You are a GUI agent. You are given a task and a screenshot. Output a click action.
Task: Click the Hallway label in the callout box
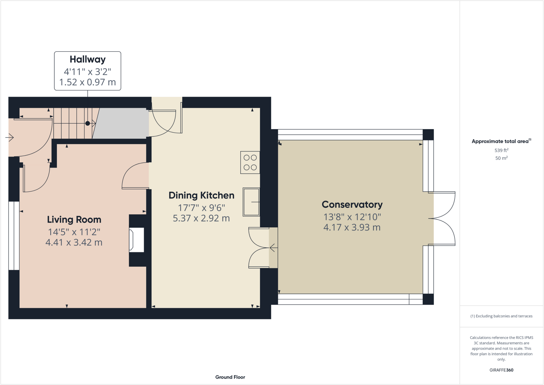coord(88,59)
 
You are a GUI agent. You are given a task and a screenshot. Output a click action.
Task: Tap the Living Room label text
coord(74,219)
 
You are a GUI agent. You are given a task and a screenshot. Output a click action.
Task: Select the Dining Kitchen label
coord(201,195)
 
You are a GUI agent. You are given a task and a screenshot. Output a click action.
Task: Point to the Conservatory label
coord(352,204)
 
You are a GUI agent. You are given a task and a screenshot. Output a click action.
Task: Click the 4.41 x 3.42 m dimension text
coord(74,242)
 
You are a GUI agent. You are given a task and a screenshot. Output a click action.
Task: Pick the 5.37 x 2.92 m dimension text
coord(201,218)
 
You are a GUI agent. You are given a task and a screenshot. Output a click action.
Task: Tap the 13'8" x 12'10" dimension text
coord(352,217)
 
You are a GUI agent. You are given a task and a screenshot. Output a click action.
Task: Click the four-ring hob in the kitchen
coord(250,162)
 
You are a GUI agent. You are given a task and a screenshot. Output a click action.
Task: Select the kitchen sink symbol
coord(251,202)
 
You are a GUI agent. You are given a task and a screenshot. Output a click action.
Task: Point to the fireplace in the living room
coord(137,240)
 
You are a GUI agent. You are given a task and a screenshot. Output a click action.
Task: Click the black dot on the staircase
coord(87,123)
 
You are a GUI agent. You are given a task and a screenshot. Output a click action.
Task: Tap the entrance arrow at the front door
coord(10,137)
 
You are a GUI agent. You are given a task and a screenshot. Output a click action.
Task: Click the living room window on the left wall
coord(14,236)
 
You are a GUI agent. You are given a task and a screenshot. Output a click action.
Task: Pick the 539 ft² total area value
coord(501,150)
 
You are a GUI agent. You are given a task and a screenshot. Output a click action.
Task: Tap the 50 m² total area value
coord(501,158)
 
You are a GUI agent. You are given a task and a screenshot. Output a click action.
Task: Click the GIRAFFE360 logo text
coord(501,370)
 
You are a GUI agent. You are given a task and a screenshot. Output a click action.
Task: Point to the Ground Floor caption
coord(230,377)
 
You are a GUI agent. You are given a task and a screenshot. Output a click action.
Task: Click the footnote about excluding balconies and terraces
coord(501,316)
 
